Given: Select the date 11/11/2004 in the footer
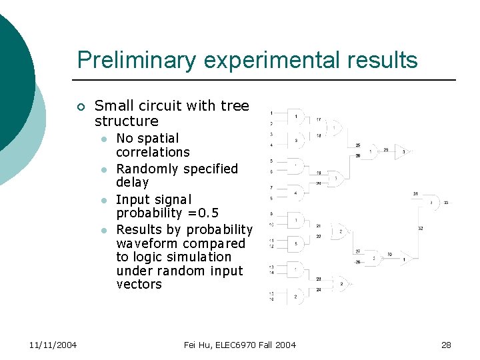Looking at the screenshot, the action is tap(53, 345).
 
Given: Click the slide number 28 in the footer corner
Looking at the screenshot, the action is tap(446, 345).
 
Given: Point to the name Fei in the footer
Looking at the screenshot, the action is tap(191, 345).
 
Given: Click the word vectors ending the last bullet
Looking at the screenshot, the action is tap(139, 284).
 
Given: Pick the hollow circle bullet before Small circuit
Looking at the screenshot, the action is tap(81, 107).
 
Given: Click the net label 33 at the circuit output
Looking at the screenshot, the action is tap(446, 202).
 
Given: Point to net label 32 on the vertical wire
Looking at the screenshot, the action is tap(421, 228).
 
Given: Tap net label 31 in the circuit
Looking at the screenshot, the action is tap(415, 194).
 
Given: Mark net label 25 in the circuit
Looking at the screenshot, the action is tap(358, 145).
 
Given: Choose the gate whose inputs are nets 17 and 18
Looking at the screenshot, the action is tap(334, 127).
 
